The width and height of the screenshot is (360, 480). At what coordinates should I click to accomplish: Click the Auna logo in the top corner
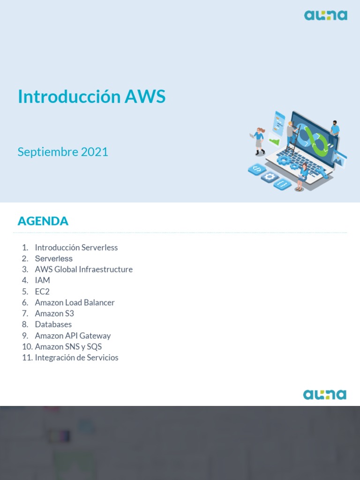[x=325, y=15]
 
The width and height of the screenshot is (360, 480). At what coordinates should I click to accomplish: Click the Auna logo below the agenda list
[x=324, y=395]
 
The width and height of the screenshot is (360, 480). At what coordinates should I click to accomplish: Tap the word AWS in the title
[x=145, y=97]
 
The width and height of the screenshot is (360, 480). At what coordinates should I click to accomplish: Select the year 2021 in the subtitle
[x=94, y=152]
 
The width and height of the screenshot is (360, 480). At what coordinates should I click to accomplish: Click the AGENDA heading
[x=43, y=221]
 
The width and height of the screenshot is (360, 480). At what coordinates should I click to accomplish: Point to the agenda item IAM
[x=42, y=280]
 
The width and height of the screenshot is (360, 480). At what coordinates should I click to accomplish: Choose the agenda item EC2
[x=42, y=292]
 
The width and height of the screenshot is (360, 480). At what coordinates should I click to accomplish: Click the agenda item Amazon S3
[x=54, y=314]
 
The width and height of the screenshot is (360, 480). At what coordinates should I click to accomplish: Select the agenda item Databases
[x=53, y=324]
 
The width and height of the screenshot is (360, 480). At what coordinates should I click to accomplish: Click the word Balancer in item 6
[x=99, y=302]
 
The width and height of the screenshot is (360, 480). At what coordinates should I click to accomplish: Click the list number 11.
[x=27, y=358]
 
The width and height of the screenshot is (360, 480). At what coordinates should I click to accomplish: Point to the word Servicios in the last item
[x=103, y=358]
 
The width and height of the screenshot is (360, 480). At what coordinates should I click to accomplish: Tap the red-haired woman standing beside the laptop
[x=259, y=140]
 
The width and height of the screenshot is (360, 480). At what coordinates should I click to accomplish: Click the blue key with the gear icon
[x=270, y=177]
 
